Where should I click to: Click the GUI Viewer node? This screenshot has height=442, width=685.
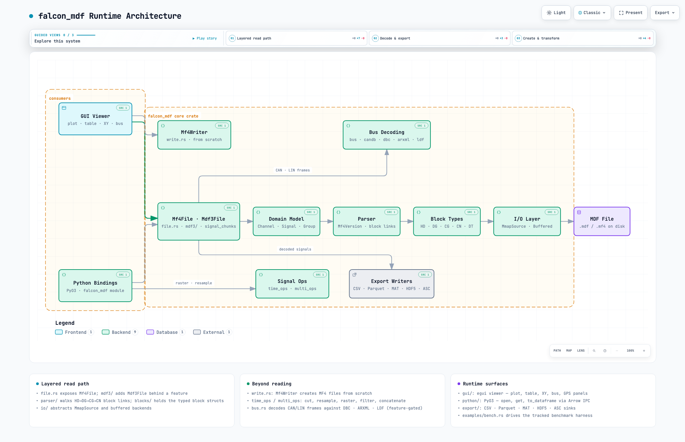click(x=95, y=119)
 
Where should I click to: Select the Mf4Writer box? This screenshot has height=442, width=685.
click(x=194, y=135)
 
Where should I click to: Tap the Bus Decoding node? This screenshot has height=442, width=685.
click(x=387, y=135)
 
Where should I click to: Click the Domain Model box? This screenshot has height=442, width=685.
click(x=287, y=221)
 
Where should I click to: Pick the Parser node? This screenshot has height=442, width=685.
click(x=367, y=221)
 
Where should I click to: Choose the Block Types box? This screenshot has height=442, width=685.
click(x=447, y=221)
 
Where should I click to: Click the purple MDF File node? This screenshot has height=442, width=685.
click(x=602, y=221)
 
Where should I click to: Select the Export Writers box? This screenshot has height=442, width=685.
click(x=392, y=284)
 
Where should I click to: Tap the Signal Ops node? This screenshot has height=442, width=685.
click(x=292, y=284)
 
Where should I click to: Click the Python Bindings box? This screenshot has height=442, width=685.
click(x=95, y=286)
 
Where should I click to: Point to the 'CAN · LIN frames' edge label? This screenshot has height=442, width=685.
click(x=293, y=170)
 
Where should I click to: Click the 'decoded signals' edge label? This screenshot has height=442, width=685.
click(x=295, y=249)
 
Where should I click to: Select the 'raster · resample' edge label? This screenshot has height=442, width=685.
click(x=194, y=283)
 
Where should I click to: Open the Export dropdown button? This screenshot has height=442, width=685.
click(x=665, y=13)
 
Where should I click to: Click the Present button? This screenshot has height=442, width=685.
click(x=631, y=13)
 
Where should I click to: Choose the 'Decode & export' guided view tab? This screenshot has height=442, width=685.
click(x=439, y=38)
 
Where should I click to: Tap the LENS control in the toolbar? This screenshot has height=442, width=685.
click(x=581, y=351)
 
